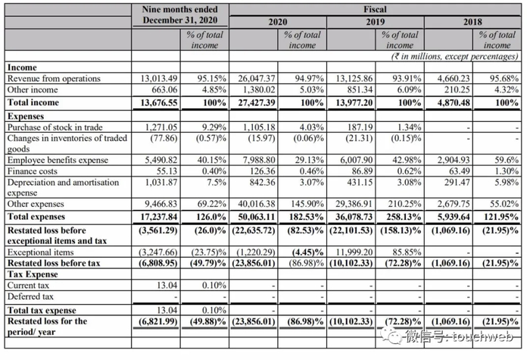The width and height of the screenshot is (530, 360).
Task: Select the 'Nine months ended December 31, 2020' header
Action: pyautogui.click(x=179, y=16)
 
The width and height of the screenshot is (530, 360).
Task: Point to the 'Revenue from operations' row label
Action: pyautogui.click(x=53, y=79)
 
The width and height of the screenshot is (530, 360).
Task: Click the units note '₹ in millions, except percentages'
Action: pyautogui.click(x=454, y=57)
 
